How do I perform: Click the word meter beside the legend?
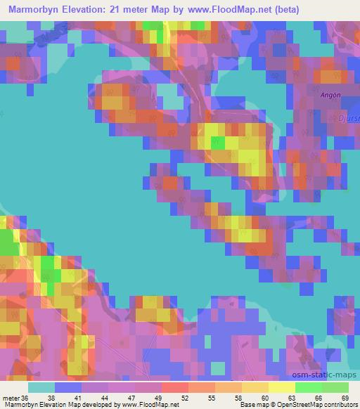(11, 398)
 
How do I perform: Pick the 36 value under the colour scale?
(26, 398)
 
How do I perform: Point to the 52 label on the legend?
(160, 398)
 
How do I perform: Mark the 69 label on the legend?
(344, 398)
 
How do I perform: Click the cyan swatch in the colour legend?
(41, 387)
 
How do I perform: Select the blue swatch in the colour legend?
(67, 387)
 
